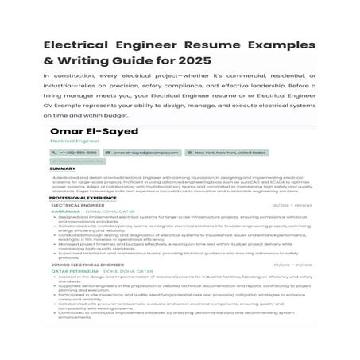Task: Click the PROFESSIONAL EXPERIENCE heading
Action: click(x=82, y=198)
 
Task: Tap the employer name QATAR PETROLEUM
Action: click(x=75, y=272)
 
